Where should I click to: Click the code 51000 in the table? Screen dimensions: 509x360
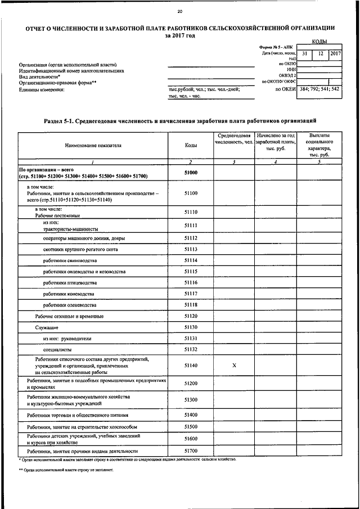point(191,173)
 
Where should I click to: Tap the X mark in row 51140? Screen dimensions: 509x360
point(234,366)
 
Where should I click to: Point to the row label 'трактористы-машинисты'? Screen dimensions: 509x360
point(70,229)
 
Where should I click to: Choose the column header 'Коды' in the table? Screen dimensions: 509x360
point(191,146)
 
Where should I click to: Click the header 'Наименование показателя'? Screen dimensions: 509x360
point(93,146)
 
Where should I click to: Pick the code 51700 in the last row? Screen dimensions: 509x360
point(191,451)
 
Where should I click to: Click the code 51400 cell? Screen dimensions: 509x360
point(191,415)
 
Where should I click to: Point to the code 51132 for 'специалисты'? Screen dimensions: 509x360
point(191,349)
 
